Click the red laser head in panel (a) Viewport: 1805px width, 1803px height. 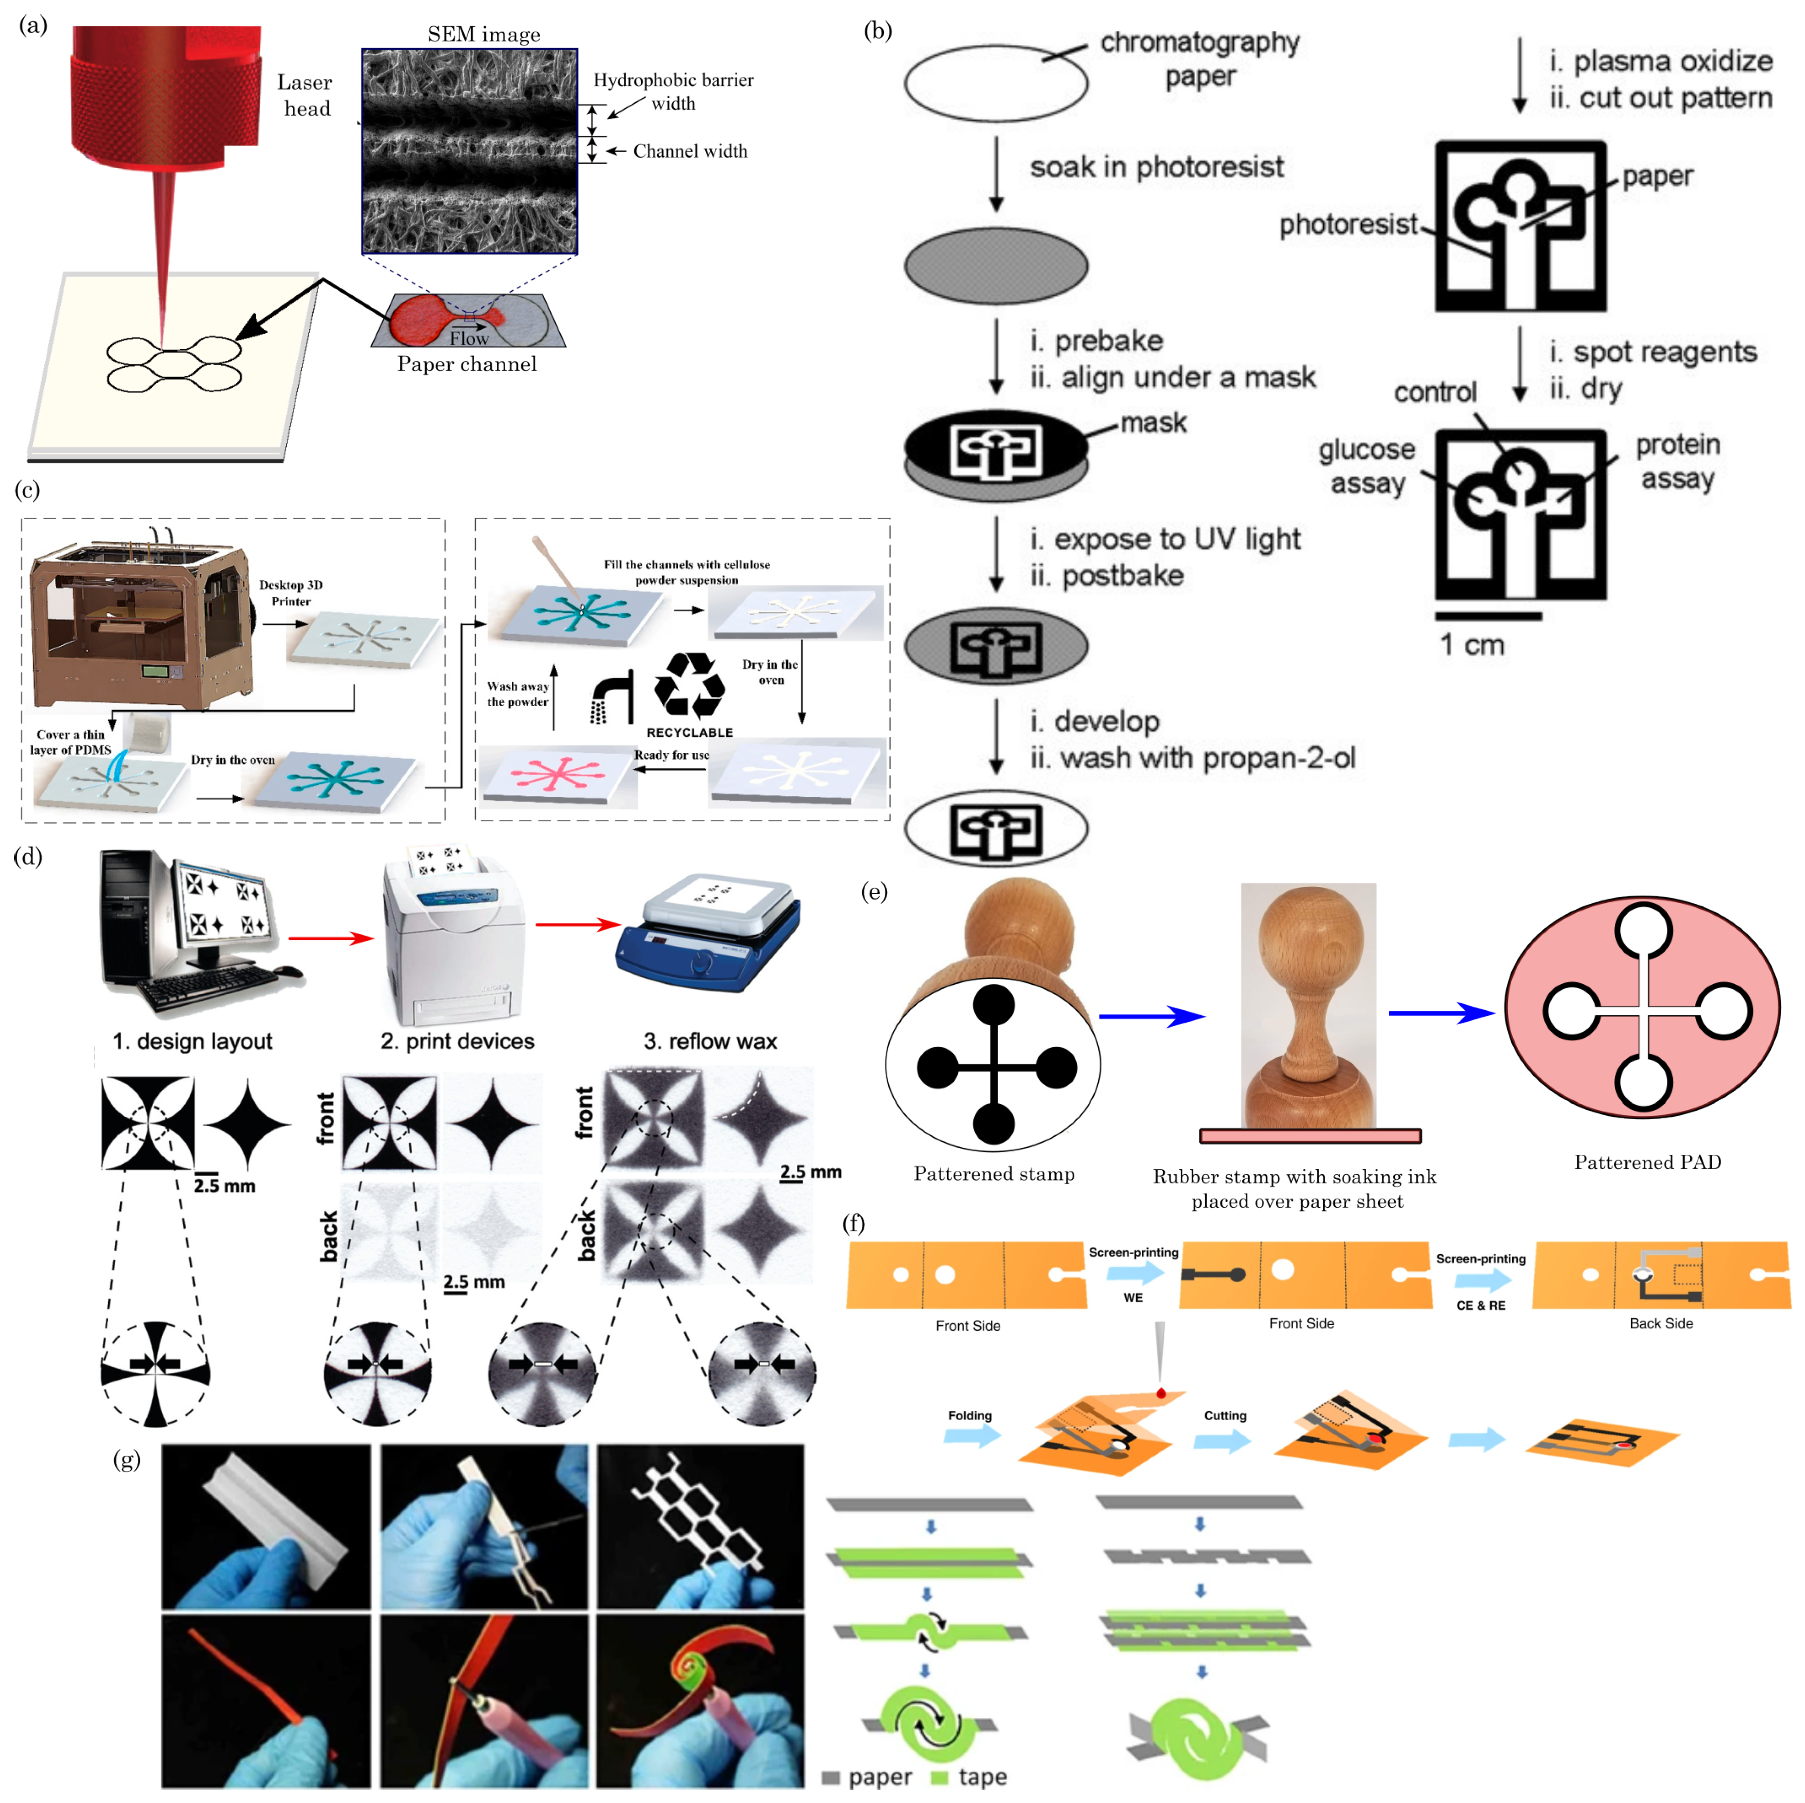(x=164, y=103)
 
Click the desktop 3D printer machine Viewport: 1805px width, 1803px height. (x=140, y=621)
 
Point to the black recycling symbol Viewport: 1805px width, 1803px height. (x=689, y=687)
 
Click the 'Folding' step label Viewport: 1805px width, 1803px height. (x=970, y=1415)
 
